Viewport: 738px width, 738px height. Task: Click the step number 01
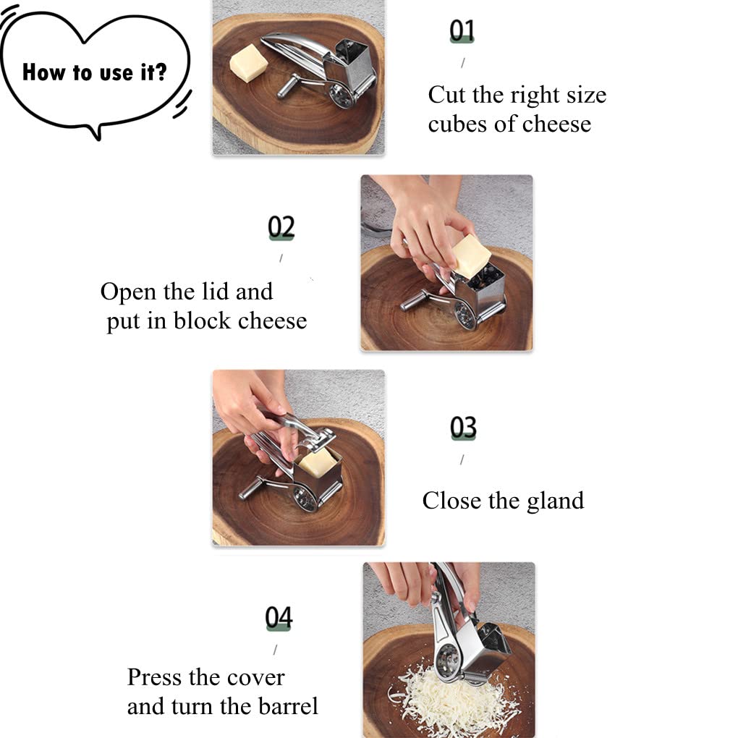pyautogui.click(x=462, y=31)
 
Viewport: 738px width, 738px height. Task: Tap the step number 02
pyautogui.click(x=281, y=227)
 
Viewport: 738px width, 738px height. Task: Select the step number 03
pyautogui.click(x=463, y=428)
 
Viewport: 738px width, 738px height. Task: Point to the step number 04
pyautogui.click(x=279, y=618)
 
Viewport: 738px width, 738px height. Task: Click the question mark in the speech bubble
pyautogui.click(x=161, y=72)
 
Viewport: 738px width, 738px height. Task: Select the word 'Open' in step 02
pyautogui.click(x=129, y=292)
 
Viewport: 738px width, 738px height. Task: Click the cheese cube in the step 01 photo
pyautogui.click(x=248, y=63)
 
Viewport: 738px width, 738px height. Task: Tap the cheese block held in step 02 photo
pyautogui.click(x=471, y=255)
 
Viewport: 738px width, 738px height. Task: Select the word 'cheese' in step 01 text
pyautogui.click(x=557, y=124)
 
